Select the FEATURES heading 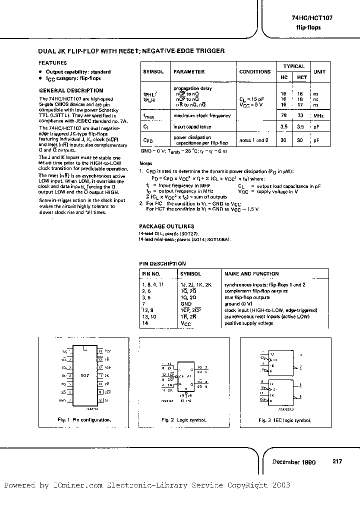pyautogui.click(x=53, y=63)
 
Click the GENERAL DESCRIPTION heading pyautogui.click(x=71, y=90)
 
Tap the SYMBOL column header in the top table pyautogui.click(x=153, y=72)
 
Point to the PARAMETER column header pyautogui.click(x=189, y=72)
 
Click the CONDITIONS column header pyautogui.click(x=255, y=72)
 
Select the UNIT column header pyautogui.click(x=319, y=72)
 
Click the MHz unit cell pyautogui.click(x=318, y=115)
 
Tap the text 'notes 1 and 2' pyautogui.click(x=254, y=140)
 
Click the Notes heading pyautogui.click(x=145, y=163)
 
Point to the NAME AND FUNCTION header pyautogui.click(x=251, y=274)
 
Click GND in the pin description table pyautogui.click(x=185, y=303)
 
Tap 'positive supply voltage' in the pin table pyautogui.click(x=249, y=323)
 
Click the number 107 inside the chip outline pyautogui.click(x=84, y=374)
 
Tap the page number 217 pyautogui.click(x=337, y=461)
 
